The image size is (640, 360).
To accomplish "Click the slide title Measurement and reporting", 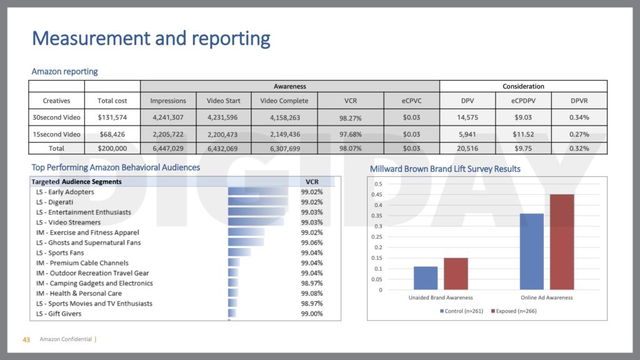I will [x=151, y=39].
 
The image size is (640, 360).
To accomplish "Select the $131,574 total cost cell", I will [x=112, y=117].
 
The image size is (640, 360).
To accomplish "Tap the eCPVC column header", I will [x=412, y=101].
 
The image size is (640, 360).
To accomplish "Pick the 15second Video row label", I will [x=56, y=134].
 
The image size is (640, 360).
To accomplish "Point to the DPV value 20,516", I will [x=467, y=148].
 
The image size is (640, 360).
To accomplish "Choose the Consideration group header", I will [x=523, y=86].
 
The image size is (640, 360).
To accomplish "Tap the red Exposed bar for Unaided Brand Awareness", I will [x=456, y=274].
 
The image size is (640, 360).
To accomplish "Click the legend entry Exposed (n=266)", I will [x=514, y=311].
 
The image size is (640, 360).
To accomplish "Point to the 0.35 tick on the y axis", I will [x=378, y=216].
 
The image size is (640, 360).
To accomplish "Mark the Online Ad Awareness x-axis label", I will [x=547, y=297].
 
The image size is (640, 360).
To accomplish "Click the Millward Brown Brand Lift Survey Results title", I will [x=445, y=169].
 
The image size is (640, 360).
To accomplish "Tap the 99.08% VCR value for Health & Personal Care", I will [x=312, y=293].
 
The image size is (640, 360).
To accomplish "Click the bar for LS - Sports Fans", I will [x=239, y=252].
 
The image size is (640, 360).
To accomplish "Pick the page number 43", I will [x=26, y=340].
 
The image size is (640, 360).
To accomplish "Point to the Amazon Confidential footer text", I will [x=65, y=340].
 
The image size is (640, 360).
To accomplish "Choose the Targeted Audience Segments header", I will [x=76, y=181].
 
